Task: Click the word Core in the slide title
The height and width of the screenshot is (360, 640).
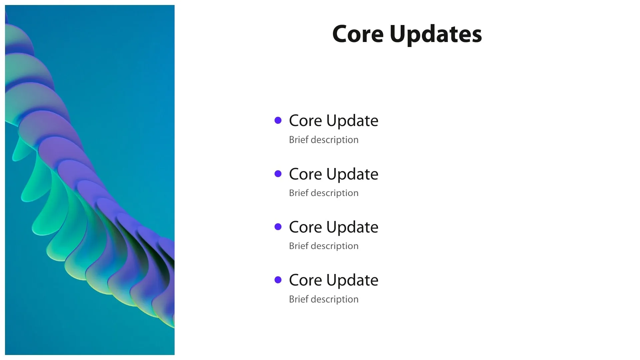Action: (358, 34)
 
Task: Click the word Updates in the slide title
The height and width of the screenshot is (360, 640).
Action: (436, 35)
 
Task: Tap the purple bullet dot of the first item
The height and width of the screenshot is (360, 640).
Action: (278, 120)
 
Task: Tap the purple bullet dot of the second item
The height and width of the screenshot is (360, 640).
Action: (278, 174)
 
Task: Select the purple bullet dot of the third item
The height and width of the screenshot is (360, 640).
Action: (278, 227)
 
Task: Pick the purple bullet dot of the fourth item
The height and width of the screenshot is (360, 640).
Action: (278, 280)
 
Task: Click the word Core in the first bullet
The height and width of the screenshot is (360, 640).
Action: (305, 121)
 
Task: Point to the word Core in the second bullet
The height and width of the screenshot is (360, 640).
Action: (305, 174)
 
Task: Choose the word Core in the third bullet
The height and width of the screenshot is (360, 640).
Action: (305, 227)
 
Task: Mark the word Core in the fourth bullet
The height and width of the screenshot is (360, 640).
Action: (305, 280)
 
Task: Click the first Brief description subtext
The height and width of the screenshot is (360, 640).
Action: (324, 140)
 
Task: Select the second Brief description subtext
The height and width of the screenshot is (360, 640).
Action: (324, 193)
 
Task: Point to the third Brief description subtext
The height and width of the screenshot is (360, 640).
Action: (324, 246)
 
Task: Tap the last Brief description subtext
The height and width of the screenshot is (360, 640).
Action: (324, 299)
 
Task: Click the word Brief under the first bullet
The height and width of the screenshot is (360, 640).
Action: (298, 139)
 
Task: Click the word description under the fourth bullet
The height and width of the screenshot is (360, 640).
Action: (335, 299)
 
